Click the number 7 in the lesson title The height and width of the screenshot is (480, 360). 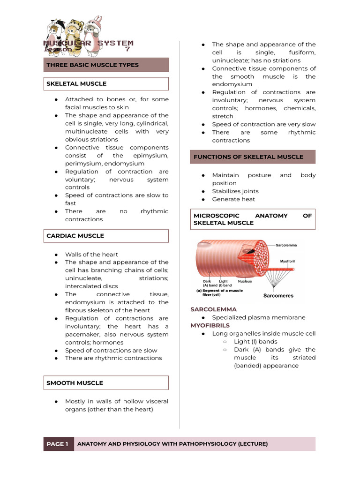pos(127,49)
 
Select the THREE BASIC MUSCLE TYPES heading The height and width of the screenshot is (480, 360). pos(92,65)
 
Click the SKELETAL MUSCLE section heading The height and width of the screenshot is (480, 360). pos(76,83)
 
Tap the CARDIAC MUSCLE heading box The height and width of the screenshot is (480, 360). pos(75,236)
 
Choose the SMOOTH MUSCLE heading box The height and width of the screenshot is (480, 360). pos(75,383)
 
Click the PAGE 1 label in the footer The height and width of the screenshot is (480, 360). pos(58,444)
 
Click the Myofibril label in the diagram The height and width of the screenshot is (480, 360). pos(291,261)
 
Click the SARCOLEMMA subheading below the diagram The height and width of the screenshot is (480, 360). pos(213,309)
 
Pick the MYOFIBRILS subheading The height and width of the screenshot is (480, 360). pos(210,325)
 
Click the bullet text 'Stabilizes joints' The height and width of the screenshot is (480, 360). pos(235,191)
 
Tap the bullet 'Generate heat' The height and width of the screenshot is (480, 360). pos(233,199)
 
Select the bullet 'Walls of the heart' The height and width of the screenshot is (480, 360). pos(91,255)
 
